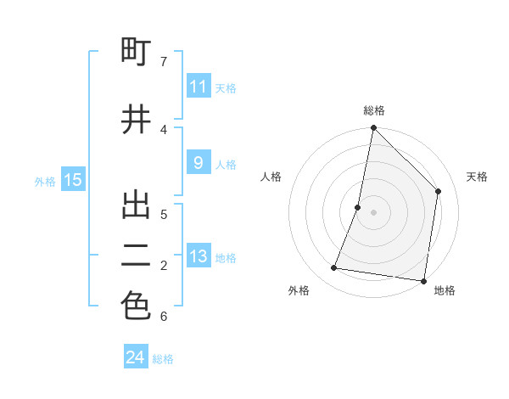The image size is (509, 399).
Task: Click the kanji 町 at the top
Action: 136,53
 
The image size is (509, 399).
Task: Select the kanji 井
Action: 136,120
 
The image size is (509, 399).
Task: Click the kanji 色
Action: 136,307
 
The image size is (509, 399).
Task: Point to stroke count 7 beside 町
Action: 164,61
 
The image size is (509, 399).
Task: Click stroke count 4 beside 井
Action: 164,129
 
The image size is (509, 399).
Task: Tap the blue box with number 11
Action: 199,87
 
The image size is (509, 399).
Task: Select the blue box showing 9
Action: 199,163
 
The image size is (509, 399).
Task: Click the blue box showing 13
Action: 199,256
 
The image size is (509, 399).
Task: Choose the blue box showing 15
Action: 73,180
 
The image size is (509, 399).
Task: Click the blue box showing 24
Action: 136,357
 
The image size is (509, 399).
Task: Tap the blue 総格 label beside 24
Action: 163,359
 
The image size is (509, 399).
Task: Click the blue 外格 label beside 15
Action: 45,181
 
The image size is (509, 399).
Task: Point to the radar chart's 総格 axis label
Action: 374,111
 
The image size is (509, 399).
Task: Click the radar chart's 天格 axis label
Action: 478,177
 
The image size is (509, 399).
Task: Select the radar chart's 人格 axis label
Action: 271,177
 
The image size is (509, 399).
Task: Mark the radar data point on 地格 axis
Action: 423,281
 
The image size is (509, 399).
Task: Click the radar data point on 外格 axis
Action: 334,268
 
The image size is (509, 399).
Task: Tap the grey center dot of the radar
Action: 374,213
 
